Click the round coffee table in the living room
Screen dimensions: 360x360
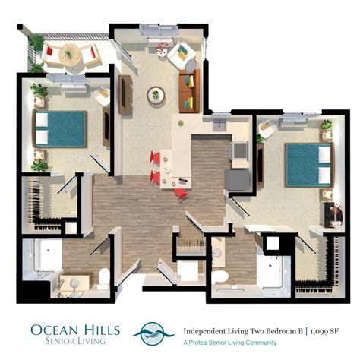click(156, 95)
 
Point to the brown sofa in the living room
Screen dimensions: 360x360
click(188, 90)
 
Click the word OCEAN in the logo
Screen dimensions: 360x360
click(56, 328)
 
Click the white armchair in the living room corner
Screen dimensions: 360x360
click(182, 52)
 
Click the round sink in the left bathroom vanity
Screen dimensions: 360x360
click(75, 282)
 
